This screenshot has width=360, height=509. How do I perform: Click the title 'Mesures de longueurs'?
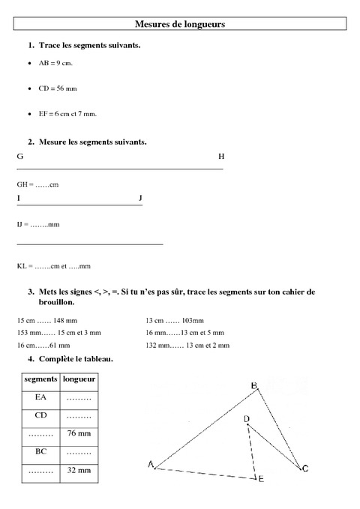[180, 25]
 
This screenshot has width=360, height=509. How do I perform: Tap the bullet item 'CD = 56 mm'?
[57, 88]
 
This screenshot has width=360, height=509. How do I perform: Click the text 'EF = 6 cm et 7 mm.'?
[67, 114]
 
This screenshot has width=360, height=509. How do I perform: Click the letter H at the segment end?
[221, 157]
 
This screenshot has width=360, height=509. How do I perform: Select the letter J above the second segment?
[140, 197]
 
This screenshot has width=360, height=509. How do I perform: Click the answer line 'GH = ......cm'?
[37, 184]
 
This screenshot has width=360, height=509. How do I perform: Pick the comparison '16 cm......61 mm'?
[43, 345]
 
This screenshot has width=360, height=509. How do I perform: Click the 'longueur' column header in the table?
[79, 380]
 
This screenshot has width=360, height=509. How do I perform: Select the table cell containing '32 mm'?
[79, 470]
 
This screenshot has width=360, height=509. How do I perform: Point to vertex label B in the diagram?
[254, 385]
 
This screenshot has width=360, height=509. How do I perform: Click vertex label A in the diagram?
[151, 466]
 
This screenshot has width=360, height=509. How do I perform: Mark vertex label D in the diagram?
[246, 418]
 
